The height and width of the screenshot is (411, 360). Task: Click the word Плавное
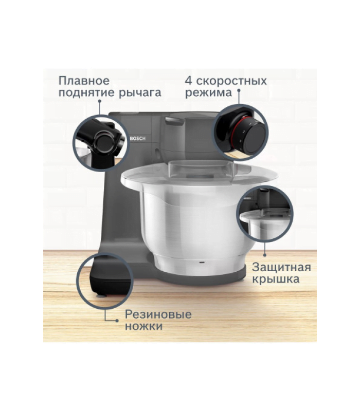(x=84, y=81)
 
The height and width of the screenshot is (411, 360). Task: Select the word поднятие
(x=86, y=94)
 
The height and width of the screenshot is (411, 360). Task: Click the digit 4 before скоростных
(x=188, y=81)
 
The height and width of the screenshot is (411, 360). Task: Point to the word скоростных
(x=231, y=81)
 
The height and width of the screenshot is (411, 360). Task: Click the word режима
(x=209, y=93)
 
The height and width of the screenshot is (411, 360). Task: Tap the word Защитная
(x=281, y=267)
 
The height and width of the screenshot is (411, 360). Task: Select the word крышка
(x=276, y=279)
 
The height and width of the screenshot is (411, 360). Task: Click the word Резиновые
(x=158, y=314)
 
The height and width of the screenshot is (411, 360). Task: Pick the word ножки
(x=144, y=327)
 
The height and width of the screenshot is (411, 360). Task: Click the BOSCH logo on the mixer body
(x=137, y=138)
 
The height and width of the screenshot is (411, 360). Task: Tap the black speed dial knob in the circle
(x=254, y=137)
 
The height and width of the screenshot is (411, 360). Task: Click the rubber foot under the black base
(x=101, y=296)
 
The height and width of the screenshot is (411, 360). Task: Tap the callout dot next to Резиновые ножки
(x=117, y=321)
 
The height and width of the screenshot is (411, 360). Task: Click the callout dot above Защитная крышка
(x=265, y=255)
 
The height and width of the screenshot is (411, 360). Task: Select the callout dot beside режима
(x=239, y=90)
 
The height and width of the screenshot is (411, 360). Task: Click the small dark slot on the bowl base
(x=202, y=262)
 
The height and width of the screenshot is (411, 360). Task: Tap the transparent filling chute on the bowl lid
(x=201, y=168)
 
